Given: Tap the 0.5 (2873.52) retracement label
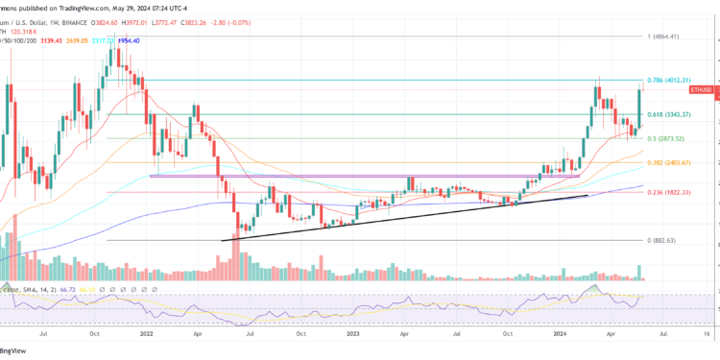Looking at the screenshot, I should click(x=673, y=139).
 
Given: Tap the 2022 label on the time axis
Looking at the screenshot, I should click(x=146, y=335).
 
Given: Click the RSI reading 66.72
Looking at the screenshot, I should click(x=70, y=288).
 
